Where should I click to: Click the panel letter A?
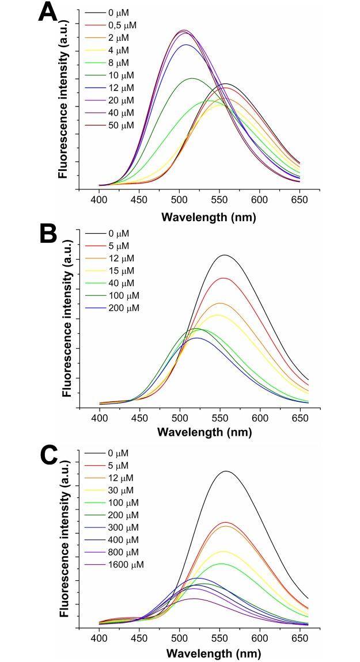click(48, 13)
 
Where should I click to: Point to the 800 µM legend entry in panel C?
click(123, 552)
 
